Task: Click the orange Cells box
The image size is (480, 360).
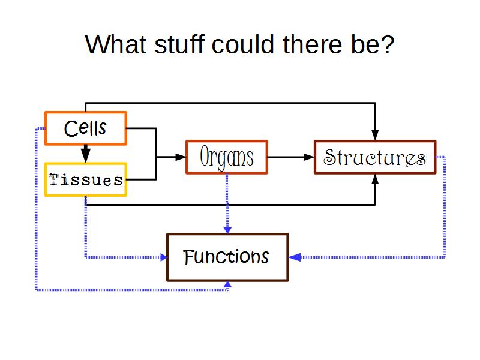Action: click(86, 128)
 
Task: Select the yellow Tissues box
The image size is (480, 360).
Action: click(86, 179)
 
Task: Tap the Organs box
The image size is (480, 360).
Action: click(227, 157)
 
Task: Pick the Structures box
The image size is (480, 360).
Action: click(375, 157)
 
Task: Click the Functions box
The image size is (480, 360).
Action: click(227, 257)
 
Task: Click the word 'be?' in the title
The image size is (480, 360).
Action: click(373, 45)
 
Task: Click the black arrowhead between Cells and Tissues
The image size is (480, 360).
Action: click(86, 155)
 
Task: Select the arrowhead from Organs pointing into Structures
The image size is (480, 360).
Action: click(309, 157)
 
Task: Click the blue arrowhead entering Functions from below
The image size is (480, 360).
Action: click(227, 285)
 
